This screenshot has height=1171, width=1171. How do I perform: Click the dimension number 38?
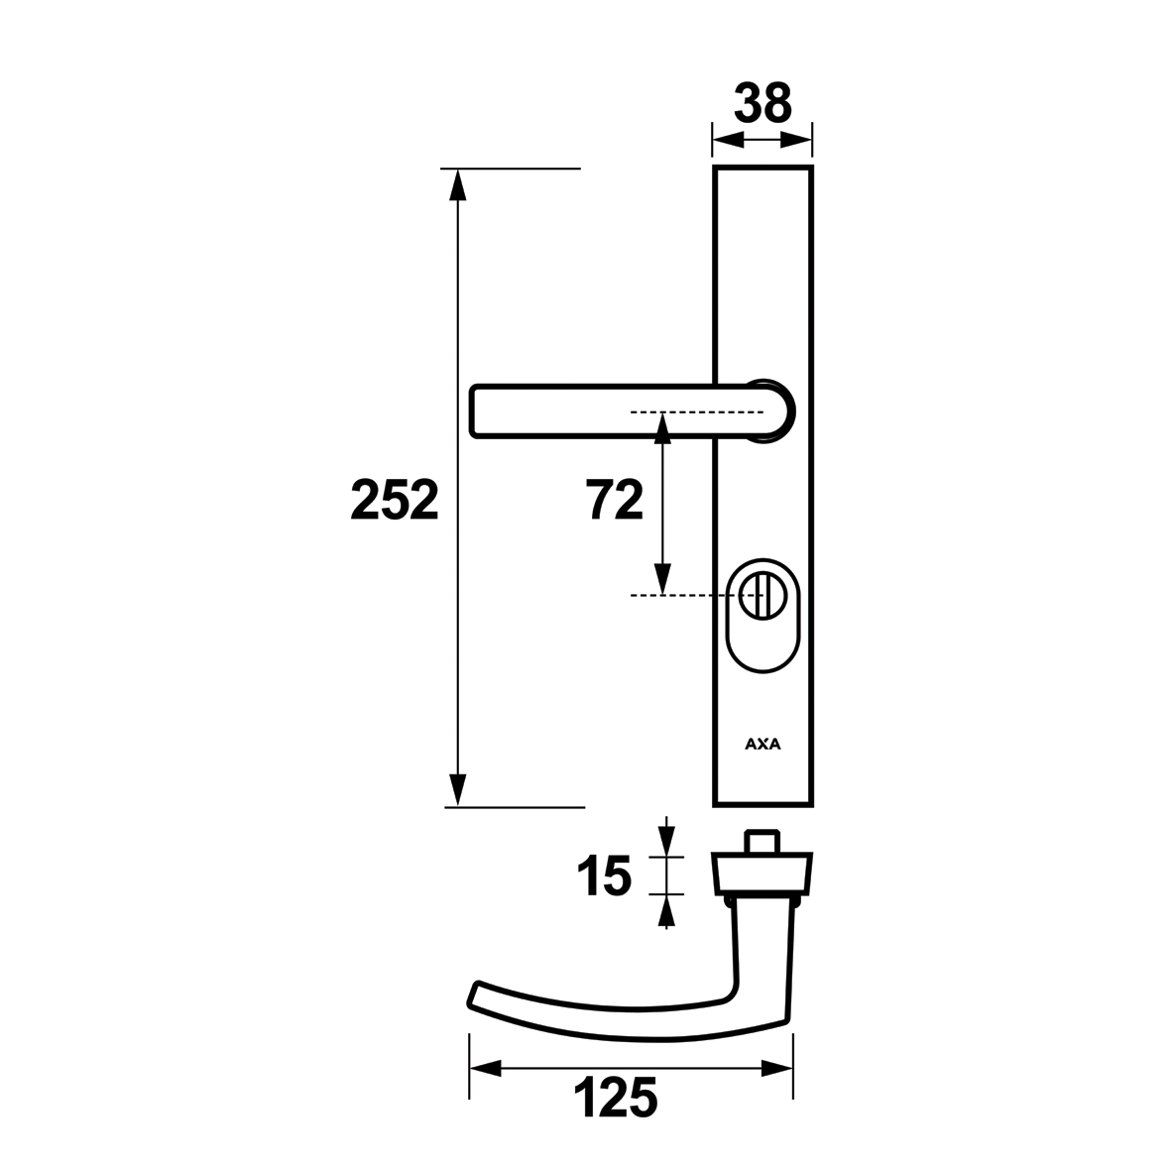pos(762,103)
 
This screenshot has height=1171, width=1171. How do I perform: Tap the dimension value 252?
pos(395,501)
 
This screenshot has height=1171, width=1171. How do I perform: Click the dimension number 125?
pos(616,1098)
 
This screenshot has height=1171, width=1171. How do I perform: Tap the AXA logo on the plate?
pos(762,744)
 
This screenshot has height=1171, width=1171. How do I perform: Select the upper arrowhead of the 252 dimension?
pos(457,185)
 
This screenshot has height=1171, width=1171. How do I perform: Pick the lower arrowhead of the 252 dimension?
pos(457,791)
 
